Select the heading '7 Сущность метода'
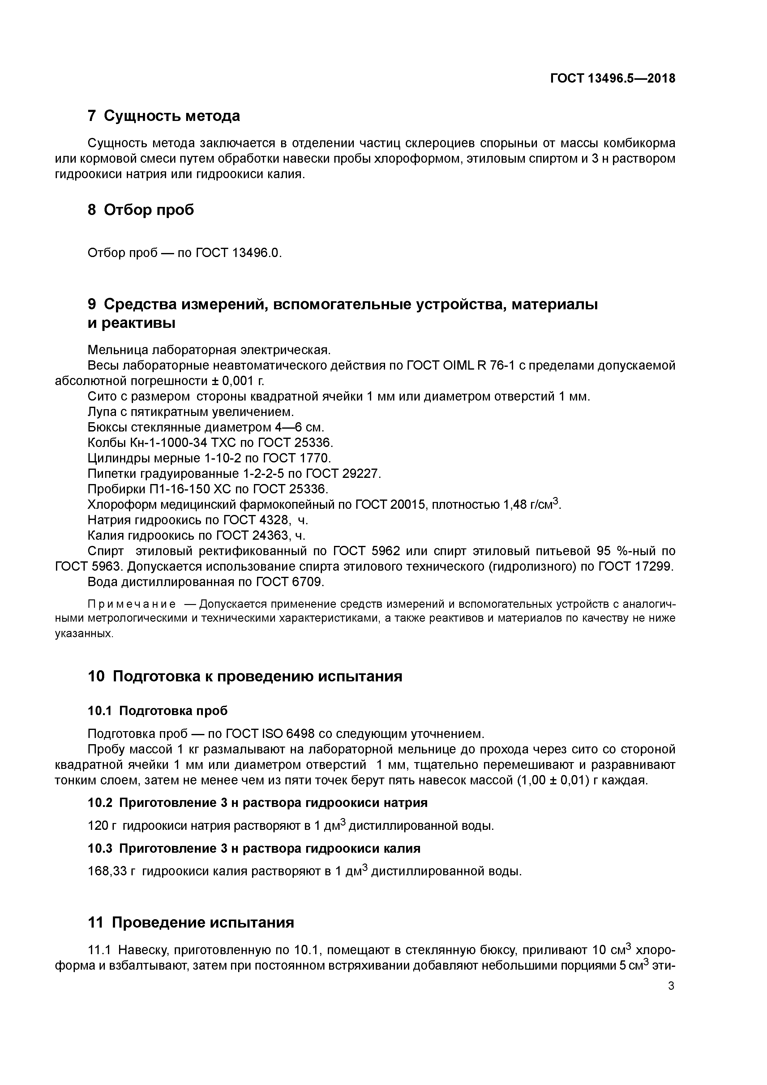click(x=164, y=116)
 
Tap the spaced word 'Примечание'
click(x=132, y=604)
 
